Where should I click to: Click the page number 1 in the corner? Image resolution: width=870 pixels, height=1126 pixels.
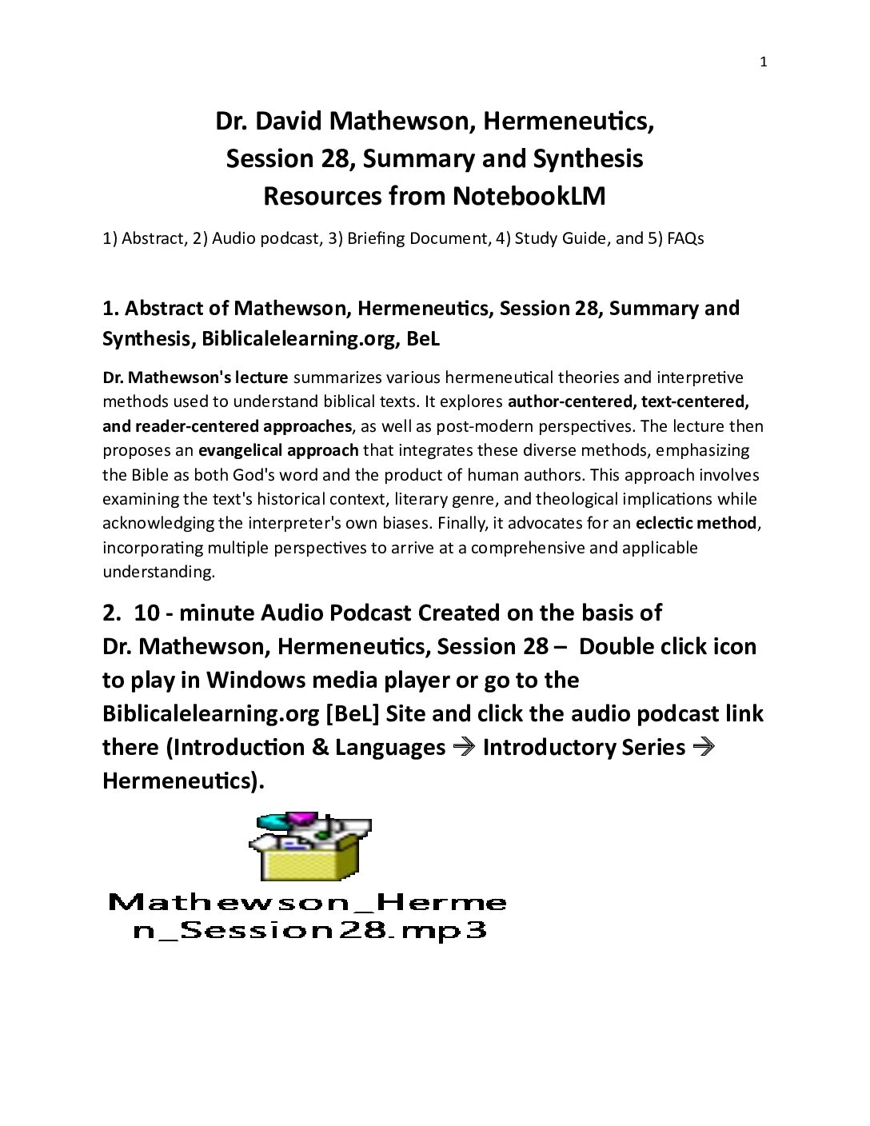(763, 62)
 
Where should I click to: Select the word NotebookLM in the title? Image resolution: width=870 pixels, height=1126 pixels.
(529, 196)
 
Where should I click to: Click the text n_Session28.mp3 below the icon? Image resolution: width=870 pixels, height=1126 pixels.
(309, 932)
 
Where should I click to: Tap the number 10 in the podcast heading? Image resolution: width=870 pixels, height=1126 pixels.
(147, 613)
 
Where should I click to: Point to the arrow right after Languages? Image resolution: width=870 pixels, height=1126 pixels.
(463, 748)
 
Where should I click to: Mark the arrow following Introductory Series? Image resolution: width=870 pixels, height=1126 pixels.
(703, 748)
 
